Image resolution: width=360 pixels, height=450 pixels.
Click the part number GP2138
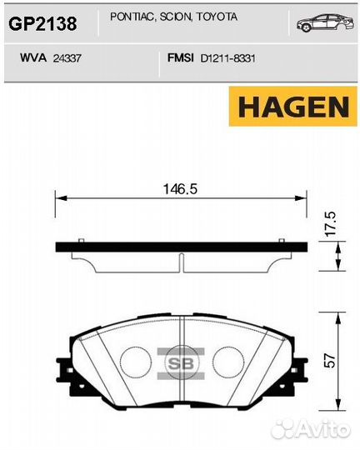(42, 23)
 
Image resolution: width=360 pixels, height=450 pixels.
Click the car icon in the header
(325, 22)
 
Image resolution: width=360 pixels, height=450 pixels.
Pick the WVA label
(33, 58)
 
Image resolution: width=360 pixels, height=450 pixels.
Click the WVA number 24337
(67, 58)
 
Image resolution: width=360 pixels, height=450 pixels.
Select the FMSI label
(181, 58)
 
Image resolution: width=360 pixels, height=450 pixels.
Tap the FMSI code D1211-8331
(228, 58)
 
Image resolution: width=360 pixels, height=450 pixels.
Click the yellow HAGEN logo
(293, 107)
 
